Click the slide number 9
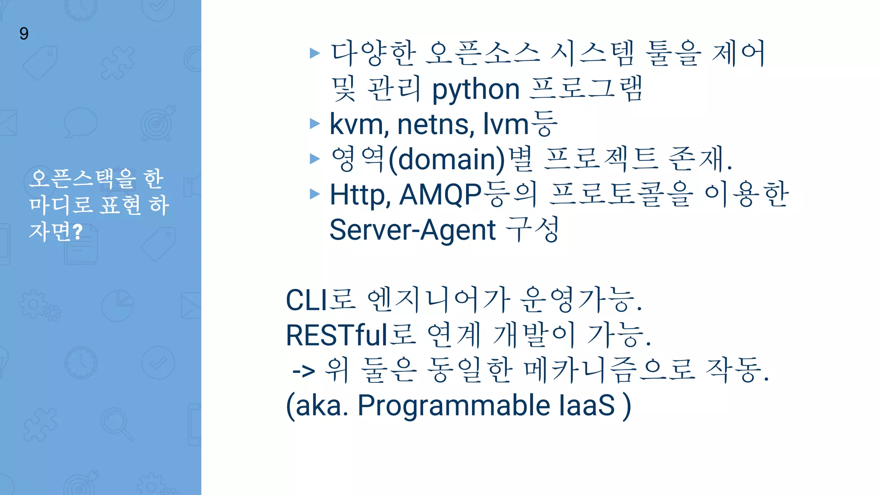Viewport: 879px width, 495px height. pos(24,34)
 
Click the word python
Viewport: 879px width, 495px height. pos(476,90)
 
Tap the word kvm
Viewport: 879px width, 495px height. pos(356,124)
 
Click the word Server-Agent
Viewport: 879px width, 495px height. pos(412,230)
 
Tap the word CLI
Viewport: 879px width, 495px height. pos(304,300)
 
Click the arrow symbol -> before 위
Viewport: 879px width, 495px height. pos(303,370)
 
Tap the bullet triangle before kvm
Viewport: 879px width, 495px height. pos(315,124)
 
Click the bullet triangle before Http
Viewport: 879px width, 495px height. pos(315,194)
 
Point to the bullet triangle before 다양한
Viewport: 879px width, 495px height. pos(315,53)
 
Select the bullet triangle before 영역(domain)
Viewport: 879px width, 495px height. pos(315,159)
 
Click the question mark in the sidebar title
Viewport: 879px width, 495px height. pos(78,232)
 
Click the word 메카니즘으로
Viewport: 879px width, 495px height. pos(609,370)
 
